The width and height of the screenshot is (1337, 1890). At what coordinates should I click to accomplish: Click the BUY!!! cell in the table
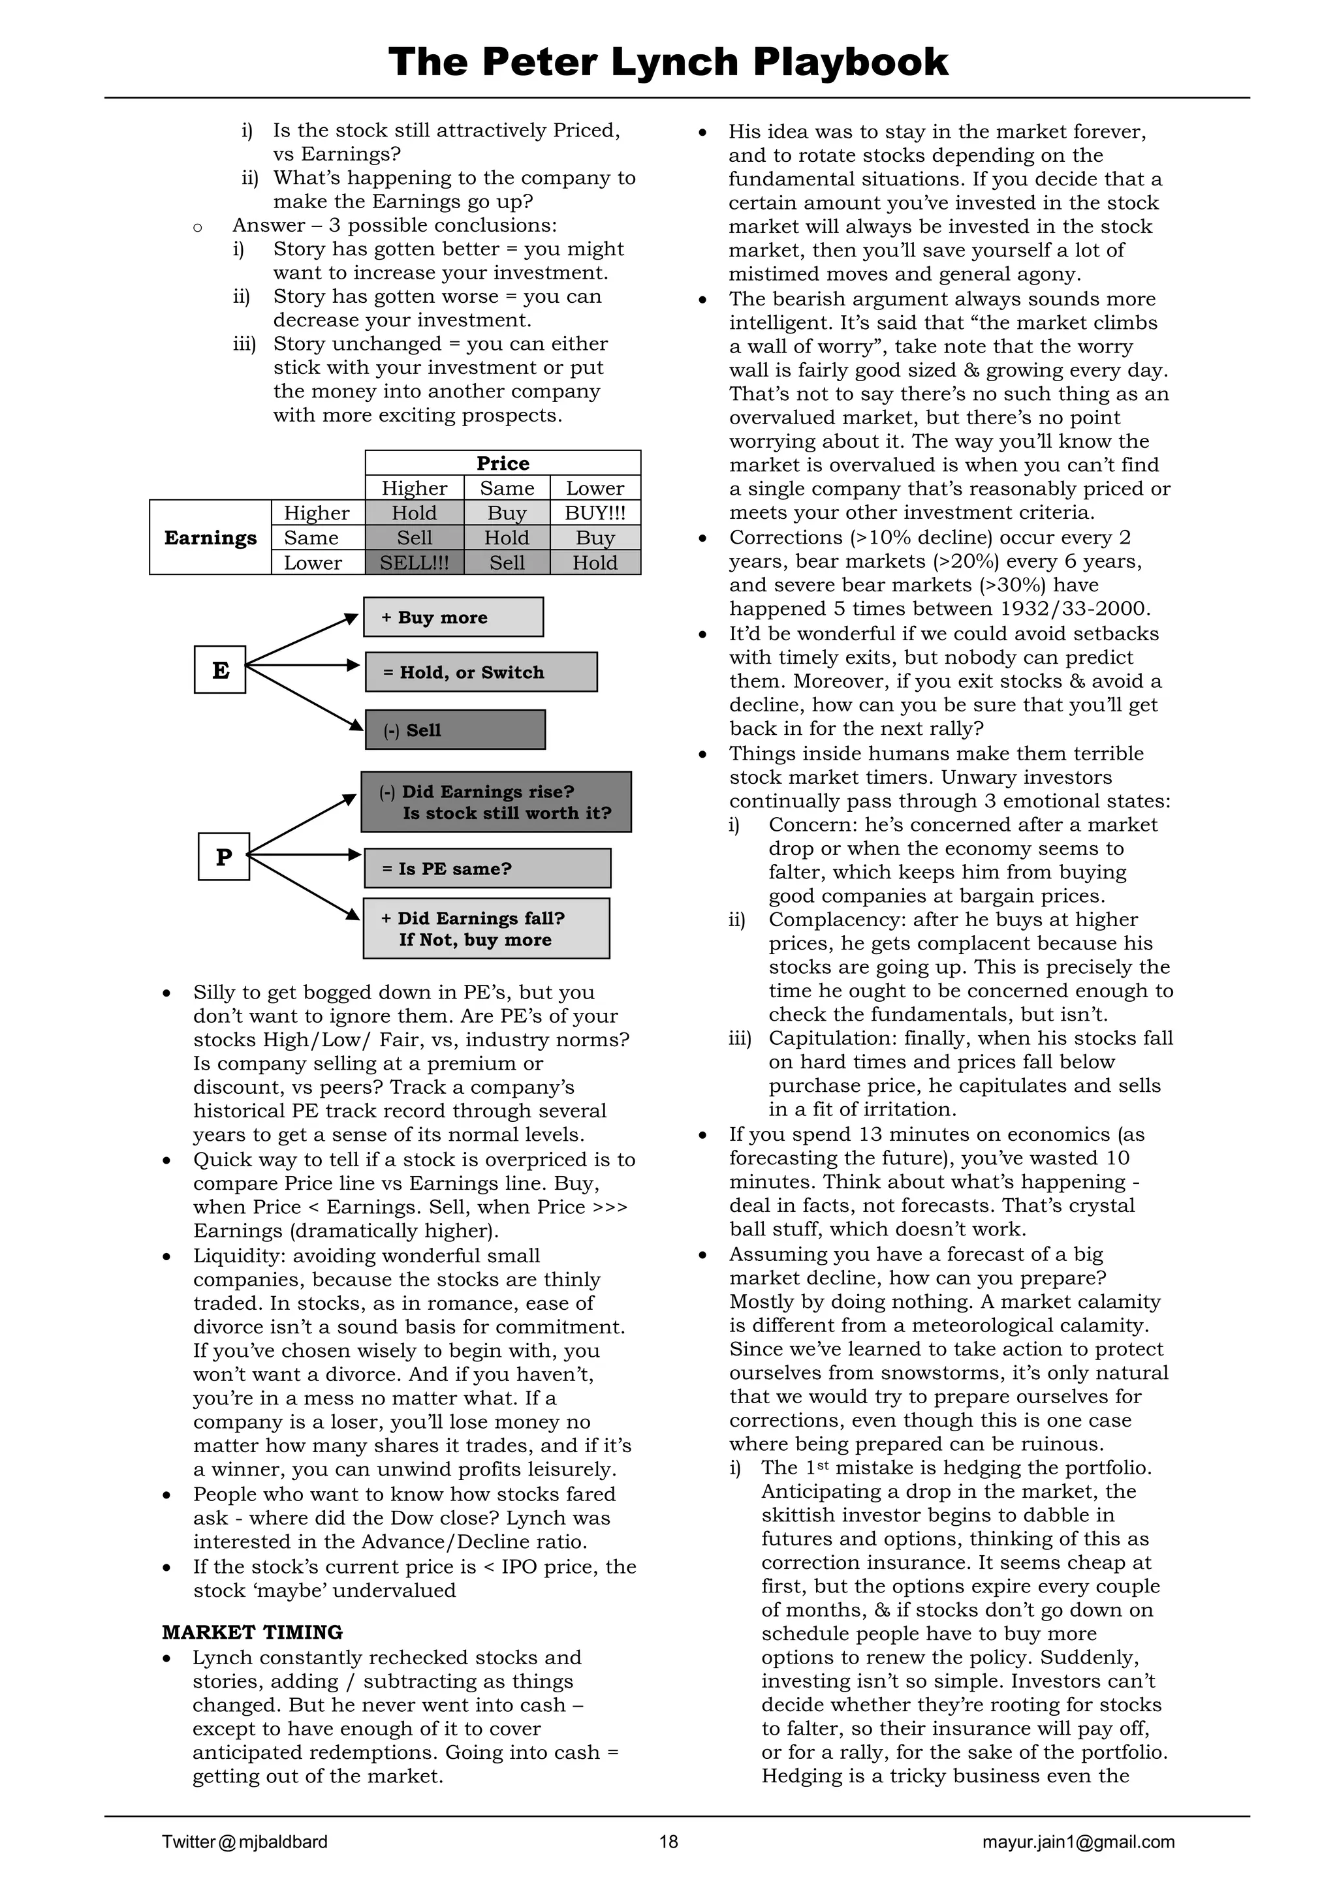[x=595, y=513]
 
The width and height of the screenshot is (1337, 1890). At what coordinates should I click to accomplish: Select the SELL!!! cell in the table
[x=414, y=563]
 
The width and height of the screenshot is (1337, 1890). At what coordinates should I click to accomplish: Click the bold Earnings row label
[x=210, y=538]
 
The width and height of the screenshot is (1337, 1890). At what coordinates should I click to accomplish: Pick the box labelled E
[x=220, y=669]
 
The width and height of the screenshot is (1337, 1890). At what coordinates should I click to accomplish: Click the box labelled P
[x=223, y=857]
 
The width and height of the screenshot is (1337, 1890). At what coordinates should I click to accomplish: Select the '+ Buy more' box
[x=453, y=617]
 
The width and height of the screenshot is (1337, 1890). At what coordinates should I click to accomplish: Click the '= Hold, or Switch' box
[x=480, y=672]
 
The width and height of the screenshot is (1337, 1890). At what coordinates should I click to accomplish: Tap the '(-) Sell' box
[x=454, y=730]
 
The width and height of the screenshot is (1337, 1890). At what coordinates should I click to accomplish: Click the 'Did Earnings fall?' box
[x=486, y=929]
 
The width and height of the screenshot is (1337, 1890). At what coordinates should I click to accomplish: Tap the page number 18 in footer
[x=668, y=1842]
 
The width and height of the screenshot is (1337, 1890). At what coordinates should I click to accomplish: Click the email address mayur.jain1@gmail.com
[x=1078, y=1842]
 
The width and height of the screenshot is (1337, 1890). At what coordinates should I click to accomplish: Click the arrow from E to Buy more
[x=302, y=640]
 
